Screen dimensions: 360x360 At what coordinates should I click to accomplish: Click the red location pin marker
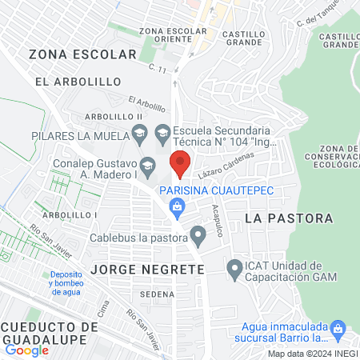[x=181, y=163]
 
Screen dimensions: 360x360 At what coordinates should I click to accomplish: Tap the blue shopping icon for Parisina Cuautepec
[x=178, y=209]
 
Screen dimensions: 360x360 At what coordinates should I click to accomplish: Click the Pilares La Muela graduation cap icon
[x=139, y=133]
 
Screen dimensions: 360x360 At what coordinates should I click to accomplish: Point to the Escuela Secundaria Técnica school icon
[x=162, y=133]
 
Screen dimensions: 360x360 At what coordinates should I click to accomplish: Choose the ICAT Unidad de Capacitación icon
[x=234, y=269]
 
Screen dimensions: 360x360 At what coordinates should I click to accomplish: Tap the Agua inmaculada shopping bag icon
[x=338, y=327]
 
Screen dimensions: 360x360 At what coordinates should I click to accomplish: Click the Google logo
[x=26, y=350]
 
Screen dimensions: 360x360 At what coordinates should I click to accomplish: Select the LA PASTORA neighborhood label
[x=278, y=218]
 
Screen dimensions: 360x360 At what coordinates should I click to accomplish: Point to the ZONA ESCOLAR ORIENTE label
[x=173, y=35]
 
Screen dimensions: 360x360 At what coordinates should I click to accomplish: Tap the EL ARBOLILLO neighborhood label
[x=78, y=82]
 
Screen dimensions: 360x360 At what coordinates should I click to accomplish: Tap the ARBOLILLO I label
[x=70, y=214]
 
